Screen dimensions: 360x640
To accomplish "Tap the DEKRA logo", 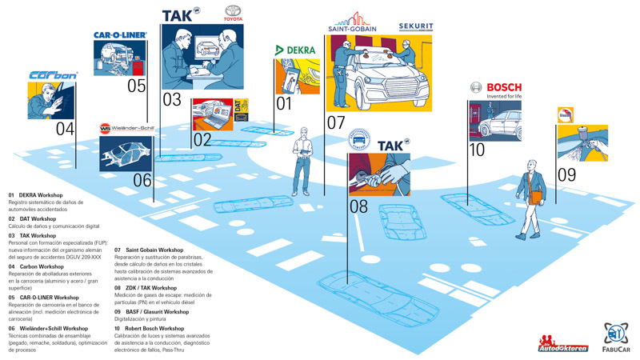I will [295, 50].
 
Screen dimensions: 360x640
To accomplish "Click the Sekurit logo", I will [416, 26].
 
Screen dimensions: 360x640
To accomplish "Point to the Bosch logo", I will [495, 87].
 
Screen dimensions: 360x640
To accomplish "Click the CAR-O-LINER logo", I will [120, 35].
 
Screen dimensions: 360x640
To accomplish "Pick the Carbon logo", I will [54, 75].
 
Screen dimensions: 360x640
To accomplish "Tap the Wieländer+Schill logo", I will [127, 128].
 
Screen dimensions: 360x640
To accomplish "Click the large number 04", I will [65, 129].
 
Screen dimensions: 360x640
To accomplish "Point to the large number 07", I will [336, 122].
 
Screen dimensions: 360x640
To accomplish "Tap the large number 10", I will [477, 150].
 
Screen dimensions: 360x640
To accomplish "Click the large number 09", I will [566, 174].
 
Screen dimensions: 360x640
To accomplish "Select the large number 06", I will [142, 181].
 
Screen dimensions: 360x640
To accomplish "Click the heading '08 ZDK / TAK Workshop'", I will [146, 288].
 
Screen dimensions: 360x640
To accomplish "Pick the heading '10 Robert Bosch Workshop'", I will [149, 329].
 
